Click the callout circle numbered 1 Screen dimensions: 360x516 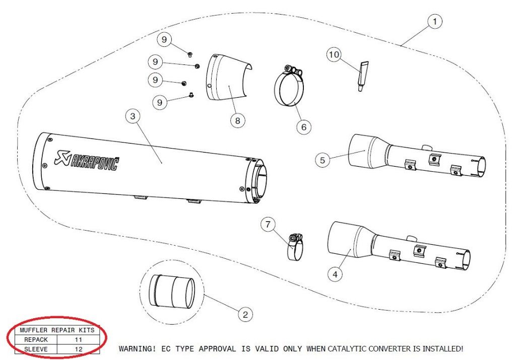coord(434,22)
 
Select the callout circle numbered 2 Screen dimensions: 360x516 coord(245,315)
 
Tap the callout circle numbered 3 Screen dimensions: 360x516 coord(133,117)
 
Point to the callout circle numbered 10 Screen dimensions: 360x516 coord(334,54)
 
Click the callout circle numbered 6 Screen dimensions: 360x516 coord(303,127)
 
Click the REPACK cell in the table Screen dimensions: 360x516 coord(36,340)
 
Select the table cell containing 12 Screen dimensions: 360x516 coord(78,348)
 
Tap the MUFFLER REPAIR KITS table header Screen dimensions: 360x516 coord(56,331)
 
